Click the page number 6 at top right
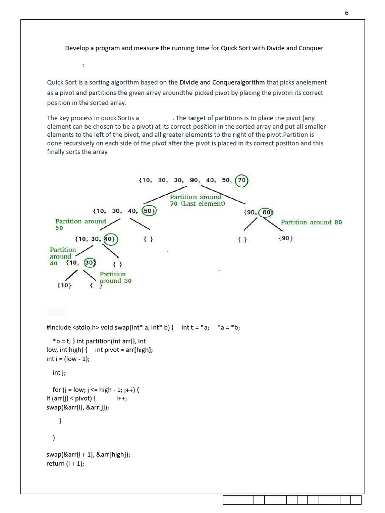click(x=346, y=13)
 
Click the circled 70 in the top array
click(x=242, y=180)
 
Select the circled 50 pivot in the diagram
click(x=149, y=211)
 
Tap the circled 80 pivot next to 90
click(x=266, y=212)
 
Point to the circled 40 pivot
click(x=109, y=239)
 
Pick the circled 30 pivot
click(x=90, y=262)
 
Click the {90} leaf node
click(x=285, y=239)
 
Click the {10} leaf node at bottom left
click(x=64, y=285)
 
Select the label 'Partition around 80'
click(x=311, y=222)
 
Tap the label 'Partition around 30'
click(x=115, y=278)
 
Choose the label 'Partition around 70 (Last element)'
click(x=197, y=200)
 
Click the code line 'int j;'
click(x=59, y=373)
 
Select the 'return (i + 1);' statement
click(x=65, y=464)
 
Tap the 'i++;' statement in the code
click(x=121, y=398)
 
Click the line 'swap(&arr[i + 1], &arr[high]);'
click(x=88, y=455)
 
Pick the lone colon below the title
click(x=83, y=65)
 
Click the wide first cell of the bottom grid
click(x=238, y=500)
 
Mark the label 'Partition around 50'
click(x=80, y=224)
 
